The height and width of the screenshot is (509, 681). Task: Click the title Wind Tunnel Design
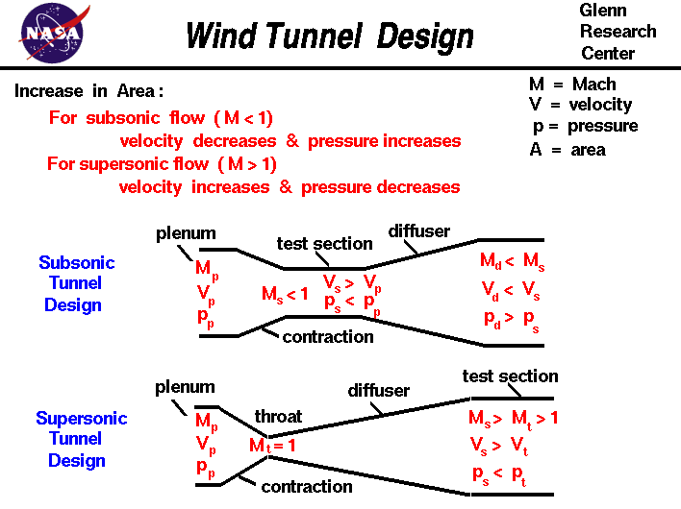pyautogui.click(x=329, y=36)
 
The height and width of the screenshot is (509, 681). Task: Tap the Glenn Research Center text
pyautogui.click(x=618, y=32)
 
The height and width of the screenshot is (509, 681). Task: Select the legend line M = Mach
pyautogui.click(x=572, y=85)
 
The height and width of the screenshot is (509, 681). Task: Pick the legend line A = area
pyautogui.click(x=567, y=149)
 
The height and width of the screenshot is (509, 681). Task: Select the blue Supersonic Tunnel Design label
pyautogui.click(x=81, y=439)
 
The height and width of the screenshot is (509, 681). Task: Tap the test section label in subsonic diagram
pyautogui.click(x=324, y=243)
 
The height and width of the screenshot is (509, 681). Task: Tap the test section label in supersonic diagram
pyautogui.click(x=510, y=376)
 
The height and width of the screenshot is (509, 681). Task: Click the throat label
pyautogui.click(x=278, y=416)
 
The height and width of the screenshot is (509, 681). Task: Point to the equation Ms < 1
pyautogui.click(x=285, y=294)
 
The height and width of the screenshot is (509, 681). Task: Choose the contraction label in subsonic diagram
pyautogui.click(x=328, y=336)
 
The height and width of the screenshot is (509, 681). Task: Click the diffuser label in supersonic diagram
pyautogui.click(x=378, y=391)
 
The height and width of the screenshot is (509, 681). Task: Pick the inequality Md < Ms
pyautogui.click(x=512, y=261)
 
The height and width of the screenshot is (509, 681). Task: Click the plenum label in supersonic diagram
pyautogui.click(x=185, y=387)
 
